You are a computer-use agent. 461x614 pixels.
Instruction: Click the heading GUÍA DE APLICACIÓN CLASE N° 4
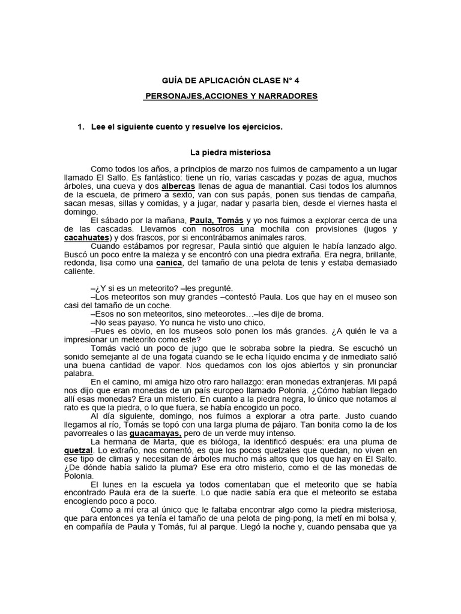[x=230, y=80]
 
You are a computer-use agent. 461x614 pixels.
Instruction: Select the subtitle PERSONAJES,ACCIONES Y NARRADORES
[x=231, y=96]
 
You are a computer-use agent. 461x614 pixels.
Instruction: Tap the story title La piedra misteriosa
[x=230, y=153]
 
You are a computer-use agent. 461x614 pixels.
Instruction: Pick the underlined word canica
[x=169, y=263]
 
